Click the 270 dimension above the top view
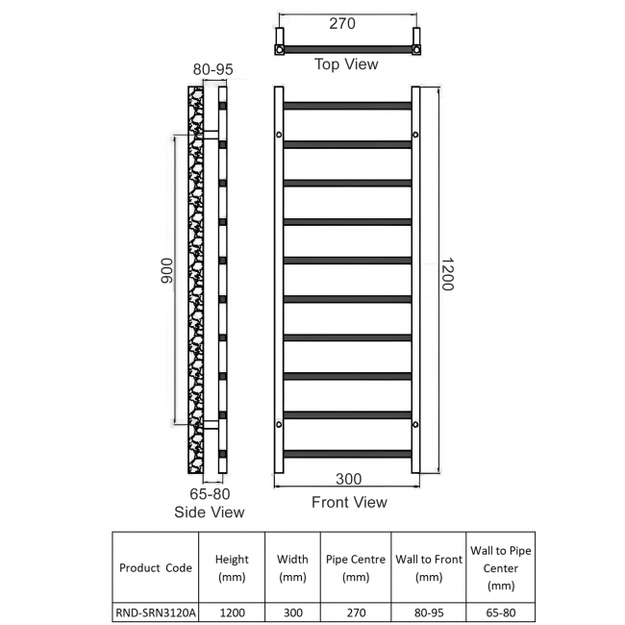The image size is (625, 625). point(342,23)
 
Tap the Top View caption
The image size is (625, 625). point(346,64)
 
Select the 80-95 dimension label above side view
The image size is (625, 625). point(213,69)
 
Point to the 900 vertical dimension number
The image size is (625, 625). point(165,279)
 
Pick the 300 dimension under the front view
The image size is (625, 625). point(349,479)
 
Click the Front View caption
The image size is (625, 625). point(349,502)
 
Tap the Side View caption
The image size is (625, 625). point(210,512)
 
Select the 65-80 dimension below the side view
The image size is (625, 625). point(210,492)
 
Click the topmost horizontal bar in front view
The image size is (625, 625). point(347,105)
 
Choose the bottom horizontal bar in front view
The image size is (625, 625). point(347,454)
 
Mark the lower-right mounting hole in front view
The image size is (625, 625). point(415,424)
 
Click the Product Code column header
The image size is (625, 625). point(156,567)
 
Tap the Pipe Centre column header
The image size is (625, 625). point(356,567)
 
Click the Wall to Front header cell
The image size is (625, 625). point(429,567)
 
